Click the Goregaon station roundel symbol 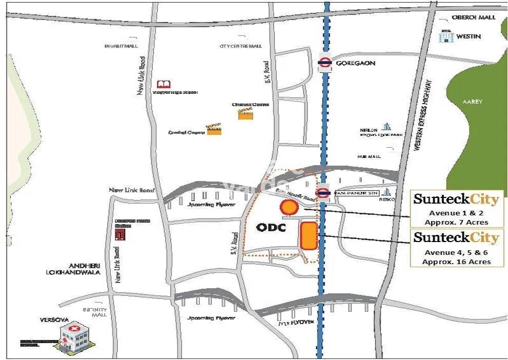pos(324,63)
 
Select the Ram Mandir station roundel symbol pos(323,192)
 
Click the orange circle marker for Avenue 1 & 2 pos(289,208)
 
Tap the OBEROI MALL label pos(474,17)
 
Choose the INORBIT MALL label pos(122,46)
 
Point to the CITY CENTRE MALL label pos(241,46)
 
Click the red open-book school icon pos(163,84)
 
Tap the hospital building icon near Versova pos(72,336)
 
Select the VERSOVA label pos(54,319)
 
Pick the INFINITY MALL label pos(95,312)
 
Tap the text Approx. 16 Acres pos(456,262)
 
